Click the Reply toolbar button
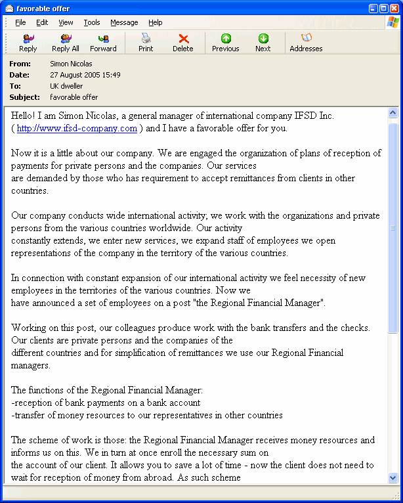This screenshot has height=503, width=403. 28,43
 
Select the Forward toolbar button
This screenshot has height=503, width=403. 103,43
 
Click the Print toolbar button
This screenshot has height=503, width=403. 146,43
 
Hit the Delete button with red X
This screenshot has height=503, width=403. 183,43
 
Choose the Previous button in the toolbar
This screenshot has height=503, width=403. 225,43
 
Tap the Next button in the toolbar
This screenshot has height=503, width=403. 263,43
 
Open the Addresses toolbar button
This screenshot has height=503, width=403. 306,43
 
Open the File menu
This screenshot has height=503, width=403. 20,22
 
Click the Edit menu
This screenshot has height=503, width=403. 42,22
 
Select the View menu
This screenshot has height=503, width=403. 66,22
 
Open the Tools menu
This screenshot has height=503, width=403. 92,22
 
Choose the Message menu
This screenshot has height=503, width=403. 124,22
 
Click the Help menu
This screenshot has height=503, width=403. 155,22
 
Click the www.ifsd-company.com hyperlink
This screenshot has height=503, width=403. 77,128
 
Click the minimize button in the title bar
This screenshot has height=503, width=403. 372,8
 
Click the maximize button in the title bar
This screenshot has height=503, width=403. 383,8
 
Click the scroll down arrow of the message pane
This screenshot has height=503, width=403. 393,478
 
